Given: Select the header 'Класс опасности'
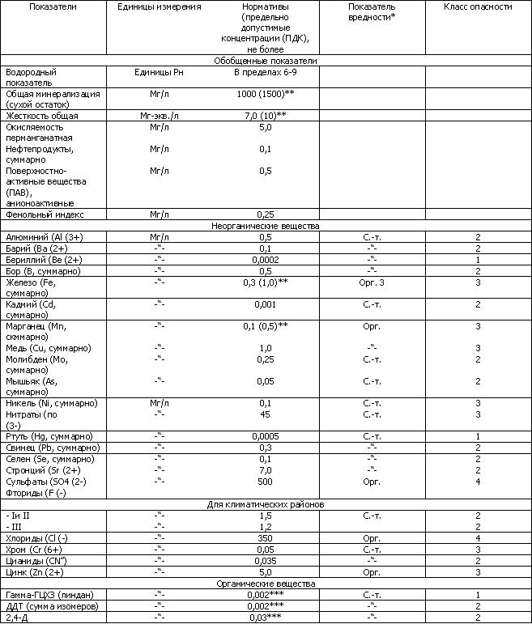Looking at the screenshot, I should pos(478,6).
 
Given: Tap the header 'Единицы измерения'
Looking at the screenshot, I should pos(159,6).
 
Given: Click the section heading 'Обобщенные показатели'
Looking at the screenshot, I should pos(265,61).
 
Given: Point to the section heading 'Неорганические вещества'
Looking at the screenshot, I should pos(265,226).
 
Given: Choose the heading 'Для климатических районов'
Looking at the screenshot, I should pos(265,504).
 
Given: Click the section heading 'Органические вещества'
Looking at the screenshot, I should pos(265,583).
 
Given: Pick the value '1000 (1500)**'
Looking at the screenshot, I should pos(265,94).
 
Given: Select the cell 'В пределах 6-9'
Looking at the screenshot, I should pos(265,72).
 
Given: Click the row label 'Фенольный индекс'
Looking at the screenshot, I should pos(46,214).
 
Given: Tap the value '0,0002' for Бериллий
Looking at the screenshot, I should pos(265,259).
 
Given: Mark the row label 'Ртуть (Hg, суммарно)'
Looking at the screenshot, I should pos(52,436).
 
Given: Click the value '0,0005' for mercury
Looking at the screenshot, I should pos(265,436).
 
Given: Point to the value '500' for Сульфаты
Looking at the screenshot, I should pos(265,481).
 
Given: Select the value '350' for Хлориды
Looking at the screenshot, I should pos(265,537).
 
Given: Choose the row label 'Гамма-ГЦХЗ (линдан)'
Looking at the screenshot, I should pos(53,595).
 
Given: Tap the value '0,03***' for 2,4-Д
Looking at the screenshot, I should pos(265,618).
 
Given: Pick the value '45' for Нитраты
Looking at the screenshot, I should pos(265,414).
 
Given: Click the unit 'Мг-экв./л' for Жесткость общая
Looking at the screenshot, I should pos(159,116).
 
